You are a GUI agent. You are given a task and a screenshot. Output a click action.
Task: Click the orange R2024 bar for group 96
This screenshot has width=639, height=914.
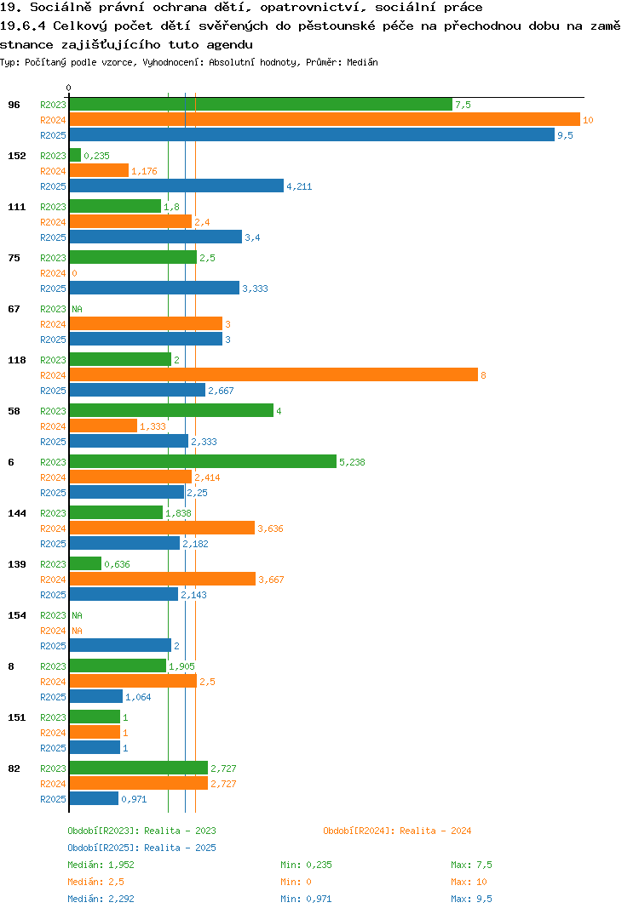(325, 119)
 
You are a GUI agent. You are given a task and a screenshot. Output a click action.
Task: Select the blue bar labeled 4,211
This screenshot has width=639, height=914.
(177, 186)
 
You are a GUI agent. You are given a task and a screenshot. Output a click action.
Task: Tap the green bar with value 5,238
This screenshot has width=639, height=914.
(203, 461)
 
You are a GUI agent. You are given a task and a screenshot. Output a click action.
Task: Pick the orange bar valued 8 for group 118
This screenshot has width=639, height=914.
(273, 374)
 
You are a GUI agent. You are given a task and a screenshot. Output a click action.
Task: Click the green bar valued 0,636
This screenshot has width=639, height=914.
(86, 563)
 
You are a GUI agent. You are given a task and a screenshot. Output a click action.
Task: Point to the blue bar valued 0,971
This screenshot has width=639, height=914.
(94, 798)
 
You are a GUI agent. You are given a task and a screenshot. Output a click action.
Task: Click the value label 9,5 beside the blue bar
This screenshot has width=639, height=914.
(565, 135)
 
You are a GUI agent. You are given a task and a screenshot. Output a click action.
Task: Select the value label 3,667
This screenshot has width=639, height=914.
(271, 580)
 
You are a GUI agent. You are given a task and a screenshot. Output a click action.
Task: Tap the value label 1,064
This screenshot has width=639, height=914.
(138, 697)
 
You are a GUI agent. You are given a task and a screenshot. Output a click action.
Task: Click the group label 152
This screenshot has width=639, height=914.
(17, 156)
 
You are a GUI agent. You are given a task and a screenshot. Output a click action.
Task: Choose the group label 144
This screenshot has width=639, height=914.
(17, 513)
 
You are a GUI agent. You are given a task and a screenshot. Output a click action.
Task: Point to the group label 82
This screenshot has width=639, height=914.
(14, 768)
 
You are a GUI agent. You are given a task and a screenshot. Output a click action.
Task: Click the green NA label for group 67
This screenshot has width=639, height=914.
(77, 309)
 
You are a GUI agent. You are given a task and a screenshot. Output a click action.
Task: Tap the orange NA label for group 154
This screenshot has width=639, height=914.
(77, 631)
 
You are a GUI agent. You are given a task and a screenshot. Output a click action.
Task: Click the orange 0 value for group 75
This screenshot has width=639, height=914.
(74, 273)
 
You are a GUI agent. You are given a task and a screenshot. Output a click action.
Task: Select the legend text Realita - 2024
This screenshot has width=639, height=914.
(435, 831)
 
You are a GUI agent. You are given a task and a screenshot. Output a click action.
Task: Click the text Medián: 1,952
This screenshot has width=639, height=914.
(101, 865)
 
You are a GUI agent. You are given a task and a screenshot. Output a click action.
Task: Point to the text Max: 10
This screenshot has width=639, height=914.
(469, 882)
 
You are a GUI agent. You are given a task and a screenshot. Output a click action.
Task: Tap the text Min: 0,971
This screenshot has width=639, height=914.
(306, 899)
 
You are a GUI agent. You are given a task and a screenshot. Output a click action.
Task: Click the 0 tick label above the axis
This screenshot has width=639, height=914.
(68, 88)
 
